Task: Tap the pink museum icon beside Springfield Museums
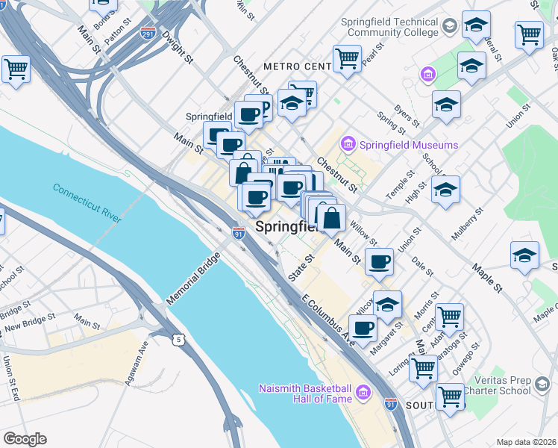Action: (x=347, y=143)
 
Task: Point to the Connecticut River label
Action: (x=87, y=201)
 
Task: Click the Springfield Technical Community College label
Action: (x=389, y=28)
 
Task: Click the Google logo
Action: (x=25, y=439)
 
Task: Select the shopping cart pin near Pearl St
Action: (x=347, y=57)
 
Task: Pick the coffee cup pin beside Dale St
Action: (x=380, y=262)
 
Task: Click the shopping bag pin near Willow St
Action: (x=332, y=219)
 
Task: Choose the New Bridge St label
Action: (x=31, y=322)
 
